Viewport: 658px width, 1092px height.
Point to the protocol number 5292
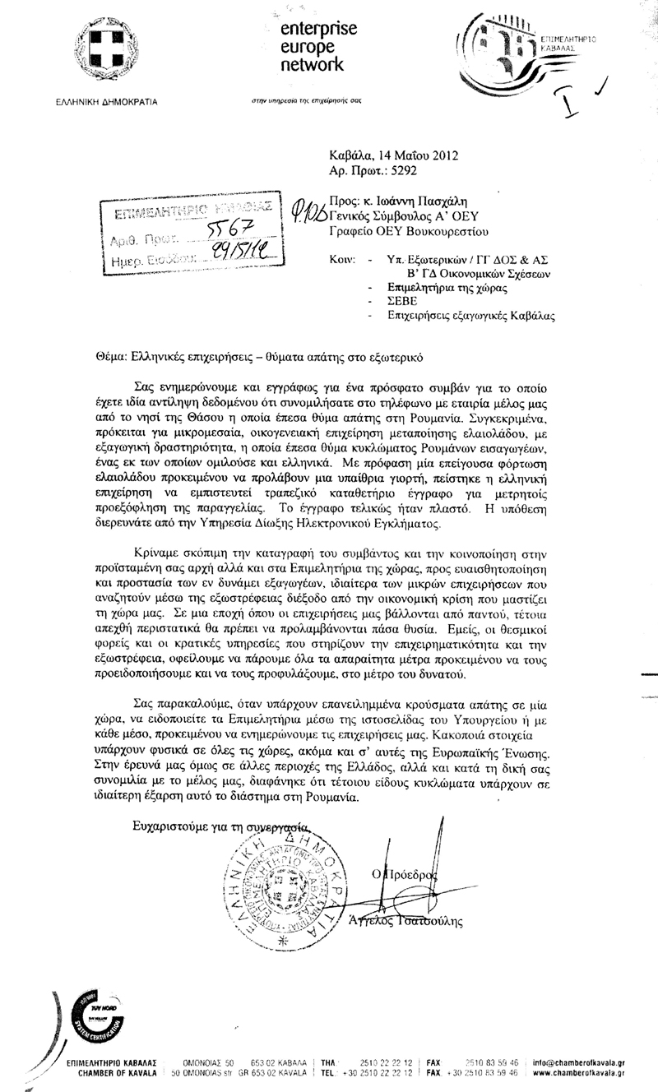pyautogui.click(x=406, y=172)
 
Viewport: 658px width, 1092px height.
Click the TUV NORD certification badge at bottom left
pyautogui.click(x=87, y=1004)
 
